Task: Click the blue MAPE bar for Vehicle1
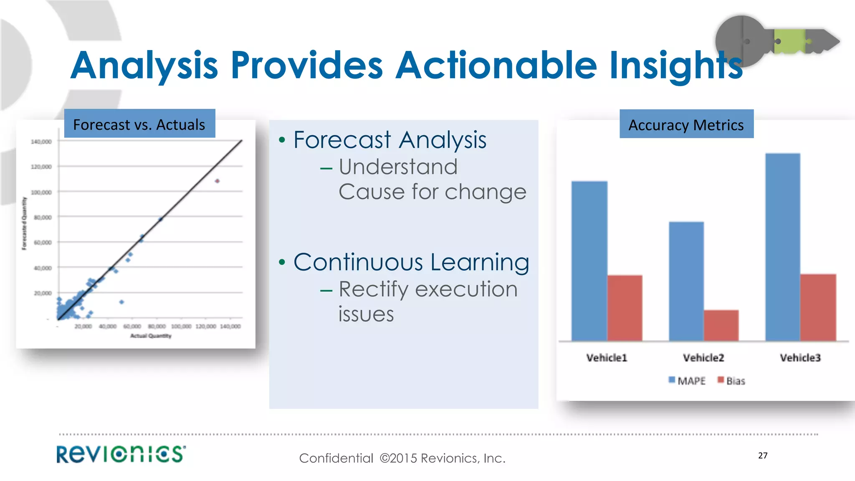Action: point(589,261)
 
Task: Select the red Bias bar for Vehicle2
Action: point(721,325)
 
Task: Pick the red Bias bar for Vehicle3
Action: point(818,307)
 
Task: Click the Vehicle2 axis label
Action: point(703,358)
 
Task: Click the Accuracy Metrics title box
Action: point(686,124)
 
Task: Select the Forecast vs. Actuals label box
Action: point(139,124)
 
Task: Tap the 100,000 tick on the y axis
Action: point(41,192)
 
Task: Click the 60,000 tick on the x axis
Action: point(132,326)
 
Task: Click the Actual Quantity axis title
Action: point(151,336)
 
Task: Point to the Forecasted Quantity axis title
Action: point(24,223)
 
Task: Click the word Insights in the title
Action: point(675,66)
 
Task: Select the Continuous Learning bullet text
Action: point(411,262)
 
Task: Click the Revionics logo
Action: point(121,454)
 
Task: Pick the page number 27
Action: point(762,456)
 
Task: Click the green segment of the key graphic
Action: point(789,41)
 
